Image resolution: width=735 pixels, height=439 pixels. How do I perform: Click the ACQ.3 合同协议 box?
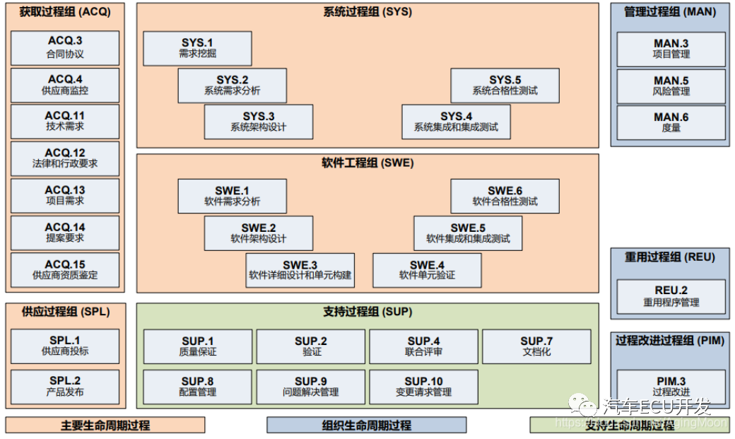[65, 48]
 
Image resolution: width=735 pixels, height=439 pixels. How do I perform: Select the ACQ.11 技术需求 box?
[65, 122]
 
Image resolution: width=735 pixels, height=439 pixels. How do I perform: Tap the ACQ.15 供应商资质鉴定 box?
[65, 270]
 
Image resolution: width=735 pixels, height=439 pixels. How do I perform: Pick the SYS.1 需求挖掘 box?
[197, 49]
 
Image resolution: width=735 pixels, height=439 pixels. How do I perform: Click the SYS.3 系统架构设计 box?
[259, 122]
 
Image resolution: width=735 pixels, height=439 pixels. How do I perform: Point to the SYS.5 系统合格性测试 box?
[505, 86]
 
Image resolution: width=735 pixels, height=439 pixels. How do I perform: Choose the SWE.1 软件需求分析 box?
[232, 196]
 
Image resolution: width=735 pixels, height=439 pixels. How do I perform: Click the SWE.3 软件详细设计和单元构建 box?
[300, 270]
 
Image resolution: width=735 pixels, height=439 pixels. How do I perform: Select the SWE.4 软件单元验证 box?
[427, 270]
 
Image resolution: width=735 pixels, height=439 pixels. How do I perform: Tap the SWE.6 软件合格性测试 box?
[505, 196]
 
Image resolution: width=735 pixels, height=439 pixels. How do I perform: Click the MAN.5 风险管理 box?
[671, 86]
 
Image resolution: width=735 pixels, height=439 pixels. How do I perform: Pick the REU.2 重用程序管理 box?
[671, 296]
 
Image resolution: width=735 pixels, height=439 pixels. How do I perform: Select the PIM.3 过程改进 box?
[671, 386]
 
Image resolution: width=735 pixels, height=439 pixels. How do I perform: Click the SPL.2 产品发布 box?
[65, 386]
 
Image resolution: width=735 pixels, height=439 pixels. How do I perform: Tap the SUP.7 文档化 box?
[536, 346]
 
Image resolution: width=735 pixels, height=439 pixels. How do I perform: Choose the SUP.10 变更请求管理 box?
[423, 386]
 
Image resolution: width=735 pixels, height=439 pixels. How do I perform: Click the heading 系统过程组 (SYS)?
[367, 12]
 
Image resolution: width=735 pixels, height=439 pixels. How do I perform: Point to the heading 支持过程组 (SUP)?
[367, 312]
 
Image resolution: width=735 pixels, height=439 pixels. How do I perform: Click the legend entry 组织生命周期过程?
[366, 425]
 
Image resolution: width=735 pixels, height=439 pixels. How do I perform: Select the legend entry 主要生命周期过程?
[105, 425]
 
